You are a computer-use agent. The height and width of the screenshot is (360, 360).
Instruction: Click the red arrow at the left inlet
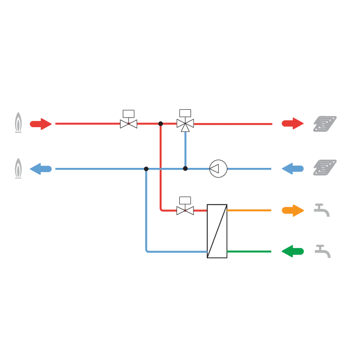(x=40, y=124)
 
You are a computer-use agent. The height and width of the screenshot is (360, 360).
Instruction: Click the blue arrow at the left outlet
(x=40, y=168)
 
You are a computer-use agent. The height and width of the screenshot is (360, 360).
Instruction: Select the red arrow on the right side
(x=292, y=124)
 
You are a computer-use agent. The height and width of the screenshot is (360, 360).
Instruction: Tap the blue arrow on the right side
(x=292, y=168)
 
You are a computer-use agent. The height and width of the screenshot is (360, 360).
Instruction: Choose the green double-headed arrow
(x=293, y=251)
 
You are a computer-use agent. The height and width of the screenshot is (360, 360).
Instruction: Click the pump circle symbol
(x=218, y=169)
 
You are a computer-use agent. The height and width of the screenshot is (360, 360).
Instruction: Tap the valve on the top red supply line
(x=128, y=124)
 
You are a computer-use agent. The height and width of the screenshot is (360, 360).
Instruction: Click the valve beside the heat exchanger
(x=185, y=210)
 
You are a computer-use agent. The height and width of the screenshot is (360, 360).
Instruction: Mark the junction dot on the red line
(x=161, y=124)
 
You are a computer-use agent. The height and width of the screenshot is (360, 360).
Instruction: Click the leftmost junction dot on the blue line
(x=146, y=168)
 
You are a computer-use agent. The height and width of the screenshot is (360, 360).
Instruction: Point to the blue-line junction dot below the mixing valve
(x=185, y=169)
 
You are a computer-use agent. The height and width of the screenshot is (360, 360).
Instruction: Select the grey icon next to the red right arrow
(x=324, y=123)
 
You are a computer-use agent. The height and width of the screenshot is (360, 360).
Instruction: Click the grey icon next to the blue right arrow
(x=324, y=167)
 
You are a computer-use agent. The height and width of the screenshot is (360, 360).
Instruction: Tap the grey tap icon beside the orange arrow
(x=322, y=210)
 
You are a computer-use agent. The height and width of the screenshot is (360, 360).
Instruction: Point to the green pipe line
(x=250, y=251)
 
